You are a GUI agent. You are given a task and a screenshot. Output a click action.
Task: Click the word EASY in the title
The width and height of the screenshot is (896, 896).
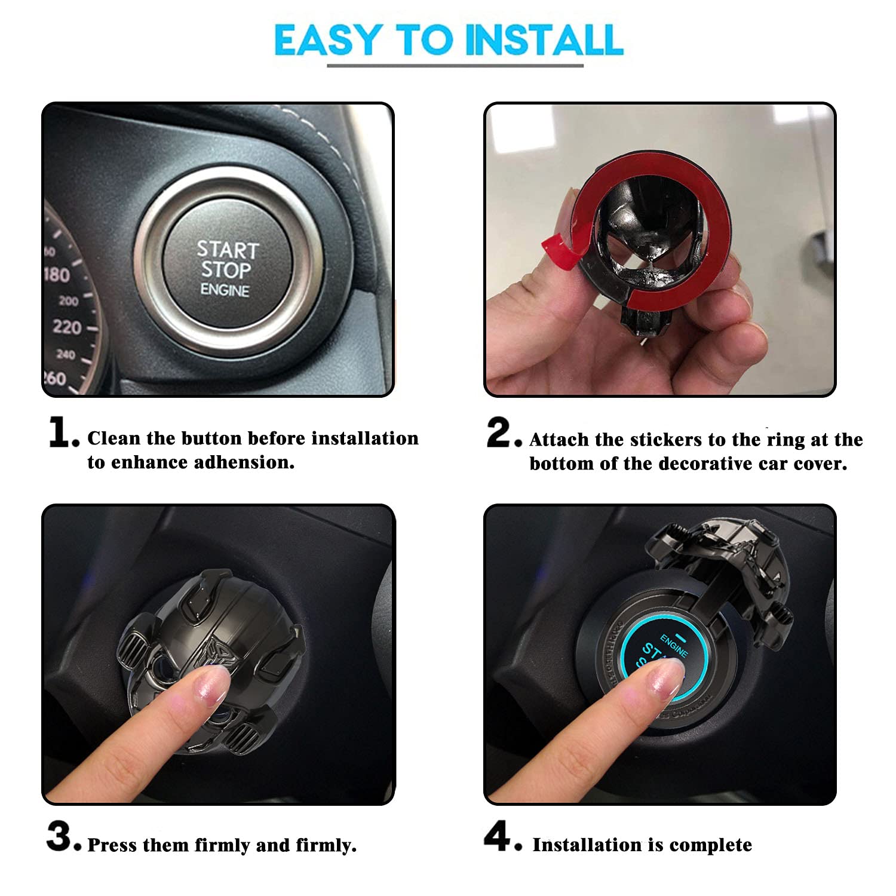326,40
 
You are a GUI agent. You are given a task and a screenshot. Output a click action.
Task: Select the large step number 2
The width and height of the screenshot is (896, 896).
500,432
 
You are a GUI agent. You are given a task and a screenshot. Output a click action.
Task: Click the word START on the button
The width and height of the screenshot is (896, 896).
228,249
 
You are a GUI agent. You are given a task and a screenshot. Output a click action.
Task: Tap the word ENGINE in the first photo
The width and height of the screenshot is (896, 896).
225,290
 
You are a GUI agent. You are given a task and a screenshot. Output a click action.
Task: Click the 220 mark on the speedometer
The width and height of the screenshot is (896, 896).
67,327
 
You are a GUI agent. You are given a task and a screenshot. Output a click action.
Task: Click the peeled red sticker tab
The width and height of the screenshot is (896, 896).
556,247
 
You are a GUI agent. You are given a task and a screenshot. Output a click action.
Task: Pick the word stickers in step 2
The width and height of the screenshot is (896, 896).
664,440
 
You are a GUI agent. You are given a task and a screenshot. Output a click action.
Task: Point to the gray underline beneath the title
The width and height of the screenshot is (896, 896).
455,65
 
